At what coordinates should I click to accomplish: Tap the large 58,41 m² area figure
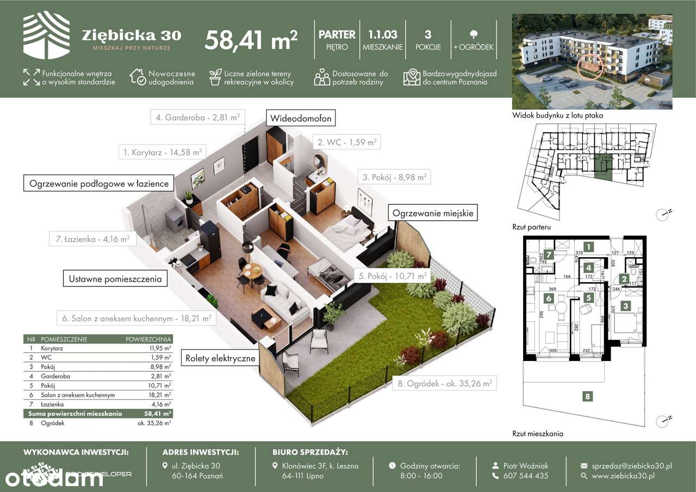(251, 40)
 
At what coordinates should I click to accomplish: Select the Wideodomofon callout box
(299, 117)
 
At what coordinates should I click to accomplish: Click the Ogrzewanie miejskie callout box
(433, 213)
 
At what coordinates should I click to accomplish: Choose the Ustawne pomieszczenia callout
(115, 279)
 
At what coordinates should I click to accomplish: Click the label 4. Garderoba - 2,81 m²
(197, 116)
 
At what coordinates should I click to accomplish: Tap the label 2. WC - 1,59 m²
(347, 142)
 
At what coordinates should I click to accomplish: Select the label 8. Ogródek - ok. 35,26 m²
(444, 383)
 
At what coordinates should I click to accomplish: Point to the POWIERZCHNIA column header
(148, 339)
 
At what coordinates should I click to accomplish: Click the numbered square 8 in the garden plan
(587, 396)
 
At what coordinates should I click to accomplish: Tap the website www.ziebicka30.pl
(623, 476)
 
